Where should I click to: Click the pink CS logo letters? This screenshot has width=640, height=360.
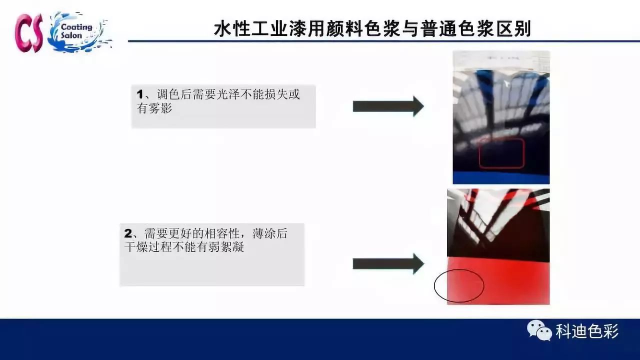click(x=29, y=33)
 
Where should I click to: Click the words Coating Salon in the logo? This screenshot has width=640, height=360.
click(x=76, y=31)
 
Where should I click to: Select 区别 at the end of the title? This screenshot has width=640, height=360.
click(x=513, y=29)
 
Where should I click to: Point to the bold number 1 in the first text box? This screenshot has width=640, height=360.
click(x=139, y=94)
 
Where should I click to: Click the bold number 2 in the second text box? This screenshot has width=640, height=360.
click(x=127, y=233)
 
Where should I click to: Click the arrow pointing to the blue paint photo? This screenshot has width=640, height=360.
click(x=388, y=106)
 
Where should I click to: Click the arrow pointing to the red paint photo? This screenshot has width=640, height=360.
click(x=388, y=264)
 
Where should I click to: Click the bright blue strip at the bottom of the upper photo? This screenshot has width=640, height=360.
click(x=501, y=177)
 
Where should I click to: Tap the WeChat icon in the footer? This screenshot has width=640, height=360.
click(x=539, y=330)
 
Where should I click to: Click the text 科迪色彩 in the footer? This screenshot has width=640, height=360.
click(x=587, y=331)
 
